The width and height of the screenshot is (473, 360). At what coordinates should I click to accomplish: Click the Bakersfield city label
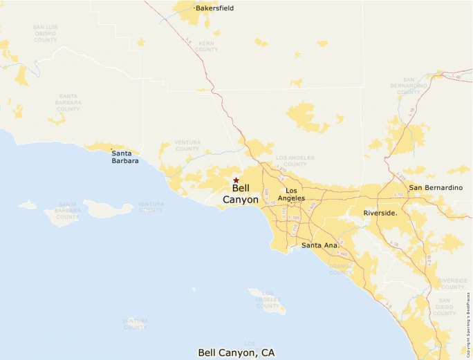point(214,8)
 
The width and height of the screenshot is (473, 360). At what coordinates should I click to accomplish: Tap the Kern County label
point(206,46)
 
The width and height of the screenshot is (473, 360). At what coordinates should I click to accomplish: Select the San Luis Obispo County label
point(45,34)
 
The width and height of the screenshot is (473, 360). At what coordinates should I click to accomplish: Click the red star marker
point(236,180)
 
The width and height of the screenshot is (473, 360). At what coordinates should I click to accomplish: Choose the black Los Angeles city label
point(291,194)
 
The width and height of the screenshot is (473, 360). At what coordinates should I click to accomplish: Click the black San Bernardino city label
point(435,188)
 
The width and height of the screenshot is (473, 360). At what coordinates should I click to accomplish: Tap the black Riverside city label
point(380,213)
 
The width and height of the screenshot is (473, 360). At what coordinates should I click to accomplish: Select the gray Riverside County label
point(452,283)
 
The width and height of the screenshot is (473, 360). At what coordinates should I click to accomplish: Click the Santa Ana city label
point(319,245)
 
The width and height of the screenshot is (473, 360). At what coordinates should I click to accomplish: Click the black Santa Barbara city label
point(124,157)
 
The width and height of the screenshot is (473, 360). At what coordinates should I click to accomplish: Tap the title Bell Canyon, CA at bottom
point(236,352)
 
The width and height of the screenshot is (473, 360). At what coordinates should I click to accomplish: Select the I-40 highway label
point(457,77)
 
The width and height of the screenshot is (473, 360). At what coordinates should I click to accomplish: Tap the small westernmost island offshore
point(28,205)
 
